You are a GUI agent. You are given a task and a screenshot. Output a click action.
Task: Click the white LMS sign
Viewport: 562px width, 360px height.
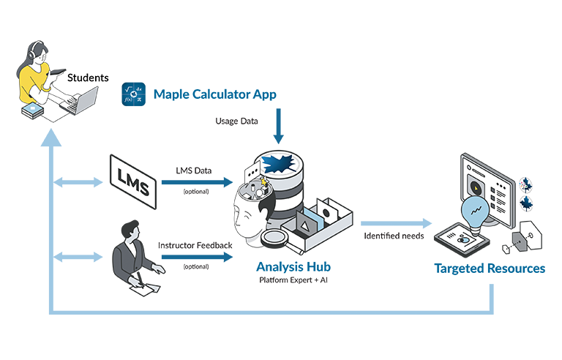click(x=132, y=180)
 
